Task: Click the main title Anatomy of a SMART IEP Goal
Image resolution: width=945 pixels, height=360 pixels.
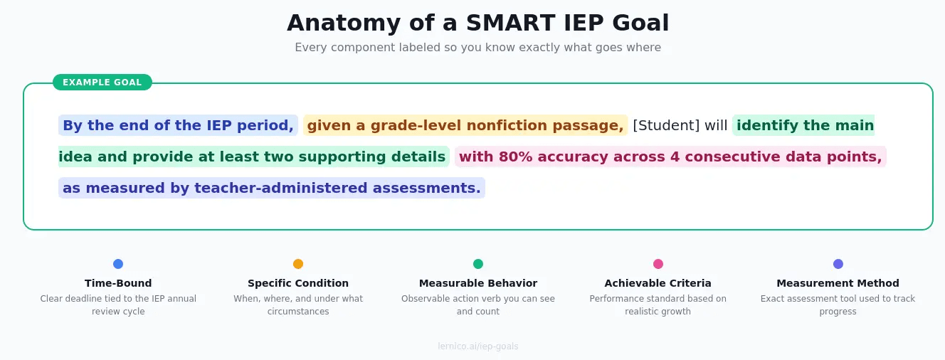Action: tap(477, 23)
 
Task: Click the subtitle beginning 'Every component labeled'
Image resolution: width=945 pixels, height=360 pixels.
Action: tap(477, 48)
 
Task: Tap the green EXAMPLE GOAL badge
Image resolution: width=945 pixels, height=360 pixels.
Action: tap(102, 83)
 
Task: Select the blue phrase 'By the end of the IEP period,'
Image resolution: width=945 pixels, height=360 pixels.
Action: tap(178, 126)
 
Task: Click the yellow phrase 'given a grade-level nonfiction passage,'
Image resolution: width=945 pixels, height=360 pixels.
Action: tap(465, 126)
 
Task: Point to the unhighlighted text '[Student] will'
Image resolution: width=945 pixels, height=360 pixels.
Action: tap(680, 126)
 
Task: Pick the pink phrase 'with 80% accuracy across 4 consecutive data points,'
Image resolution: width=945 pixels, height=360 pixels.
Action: tap(670, 157)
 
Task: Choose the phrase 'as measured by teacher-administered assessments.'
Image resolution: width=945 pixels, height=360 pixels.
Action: tap(271, 189)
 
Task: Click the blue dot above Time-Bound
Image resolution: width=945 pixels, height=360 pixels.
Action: tap(118, 264)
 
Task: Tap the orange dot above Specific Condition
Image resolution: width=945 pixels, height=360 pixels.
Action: tap(298, 264)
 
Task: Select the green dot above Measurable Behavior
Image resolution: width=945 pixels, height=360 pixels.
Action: tap(478, 264)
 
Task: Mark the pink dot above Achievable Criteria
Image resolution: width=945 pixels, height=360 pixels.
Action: tap(658, 264)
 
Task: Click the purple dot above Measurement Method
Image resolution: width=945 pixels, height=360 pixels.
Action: tap(838, 264)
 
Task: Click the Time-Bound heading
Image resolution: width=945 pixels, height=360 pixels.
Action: tap(118, 283)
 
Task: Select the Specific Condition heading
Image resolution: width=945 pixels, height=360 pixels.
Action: tap(298, 283)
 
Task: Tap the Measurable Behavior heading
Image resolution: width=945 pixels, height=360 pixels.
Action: tap(478, 283)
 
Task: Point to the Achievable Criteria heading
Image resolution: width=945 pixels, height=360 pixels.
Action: tap(658, 283)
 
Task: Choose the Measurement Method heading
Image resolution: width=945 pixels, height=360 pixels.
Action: tap(838, 283)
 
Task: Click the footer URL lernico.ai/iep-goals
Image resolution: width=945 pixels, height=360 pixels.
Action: tap(477, 346)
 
